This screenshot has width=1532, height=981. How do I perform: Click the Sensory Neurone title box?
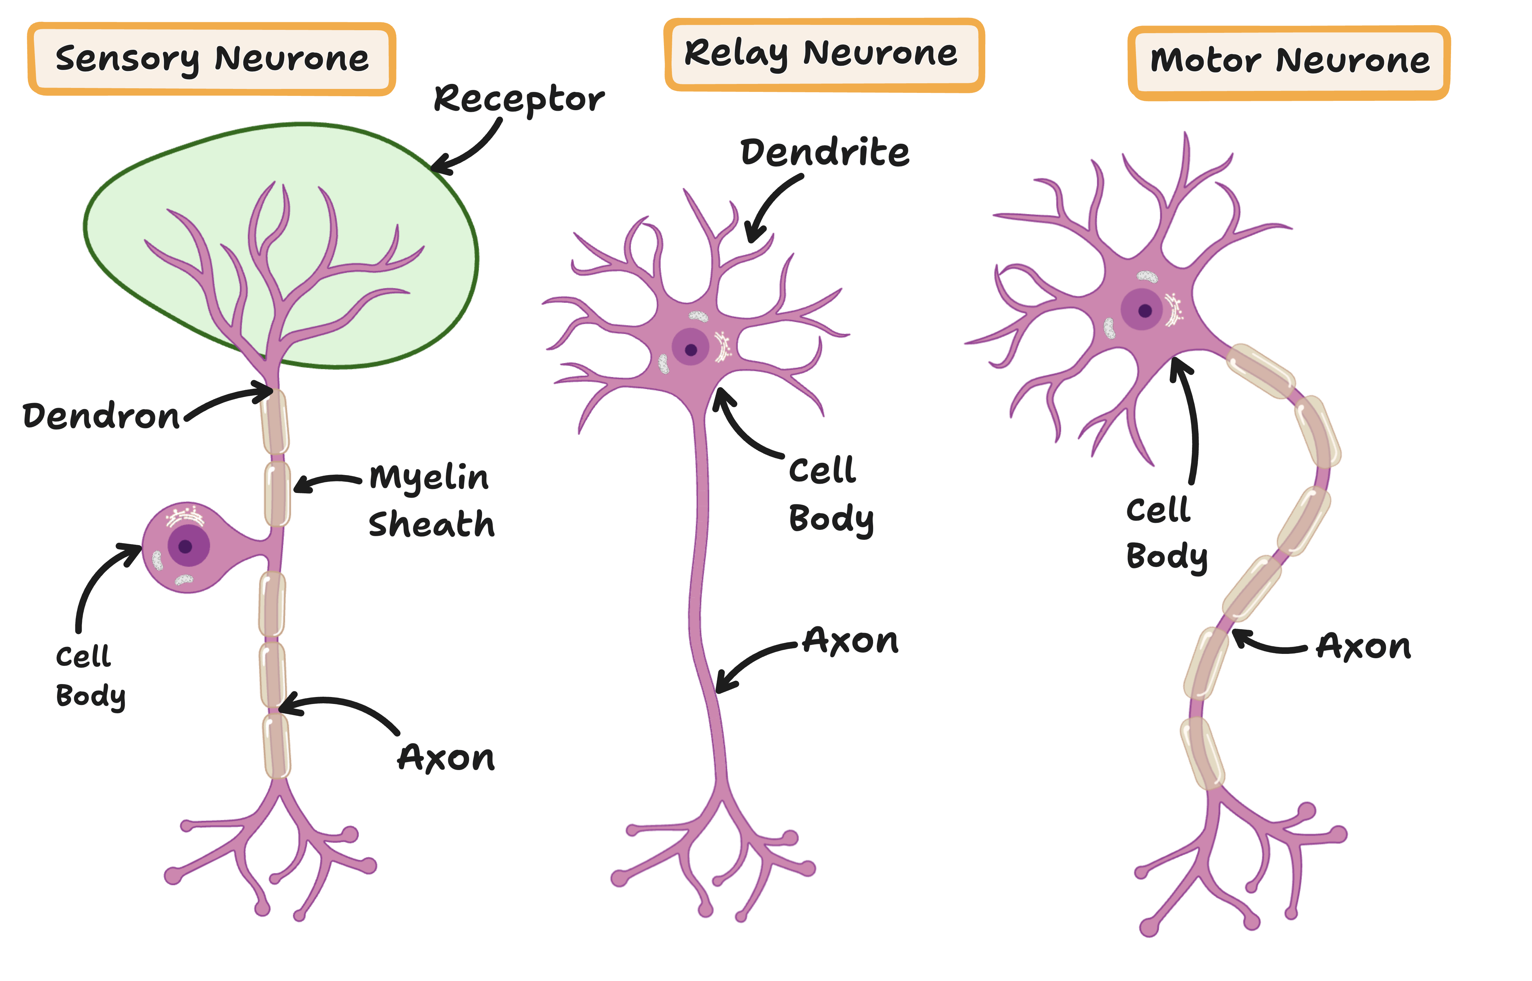(x=211, y=59)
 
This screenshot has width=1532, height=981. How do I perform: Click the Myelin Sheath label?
(x=431, y=501)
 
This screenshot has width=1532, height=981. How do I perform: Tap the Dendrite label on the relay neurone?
(x=825, y=153)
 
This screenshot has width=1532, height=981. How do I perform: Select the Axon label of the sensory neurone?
(x=446, y=758)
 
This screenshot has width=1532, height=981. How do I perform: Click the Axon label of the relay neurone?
(x=851, y=641)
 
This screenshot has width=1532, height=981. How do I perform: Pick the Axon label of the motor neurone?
(x=1364, y=647)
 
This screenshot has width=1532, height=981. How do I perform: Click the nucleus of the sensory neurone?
(x=186, y=546)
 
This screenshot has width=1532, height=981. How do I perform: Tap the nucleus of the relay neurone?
(x=691, y=349)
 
